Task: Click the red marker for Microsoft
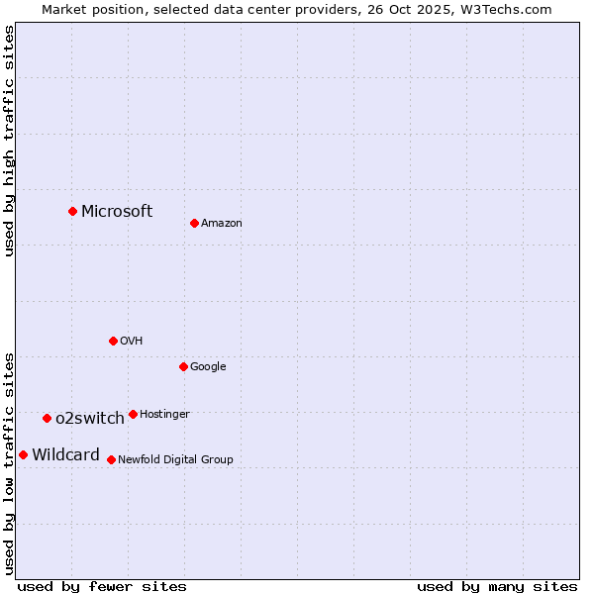point(72,211)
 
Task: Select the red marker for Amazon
point(194,223)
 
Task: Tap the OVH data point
point(113,341)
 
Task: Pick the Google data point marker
point(183,366)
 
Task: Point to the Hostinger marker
point(133,414)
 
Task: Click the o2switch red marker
point(47,418)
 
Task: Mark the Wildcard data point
point(23,454)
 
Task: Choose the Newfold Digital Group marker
point(111,459)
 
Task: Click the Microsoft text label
point(117,211)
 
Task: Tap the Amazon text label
point(221,224)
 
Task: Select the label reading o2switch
point(90,418)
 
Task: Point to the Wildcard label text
point(65,455)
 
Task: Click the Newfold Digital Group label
point(175,459)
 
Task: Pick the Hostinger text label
point(164,414)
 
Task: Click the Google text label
point(208,367)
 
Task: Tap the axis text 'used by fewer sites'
point(102,586)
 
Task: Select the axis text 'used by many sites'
point(497,586)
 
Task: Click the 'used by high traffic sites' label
point(10,141)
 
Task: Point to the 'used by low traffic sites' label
point(10,463)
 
